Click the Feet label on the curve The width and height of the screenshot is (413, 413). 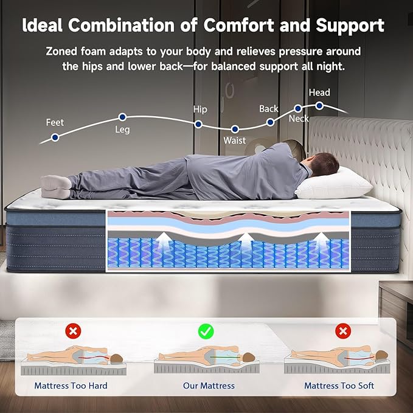click(55, 123)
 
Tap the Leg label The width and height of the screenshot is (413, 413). click(122, 130)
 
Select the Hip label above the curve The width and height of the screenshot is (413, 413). click(200, 109)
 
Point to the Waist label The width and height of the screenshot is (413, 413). click(235, 141)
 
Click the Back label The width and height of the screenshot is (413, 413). click(268, 109)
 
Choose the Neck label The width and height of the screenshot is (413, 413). click(299, 119)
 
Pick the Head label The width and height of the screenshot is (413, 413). click(319, 92)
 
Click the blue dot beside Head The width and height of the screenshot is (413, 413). click(319, 105)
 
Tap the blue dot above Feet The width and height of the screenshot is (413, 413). click(55, 137)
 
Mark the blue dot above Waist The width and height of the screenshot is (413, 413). click(235, 129)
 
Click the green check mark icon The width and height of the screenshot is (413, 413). click(206, 331)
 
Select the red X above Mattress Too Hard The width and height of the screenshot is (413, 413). click(73, 331)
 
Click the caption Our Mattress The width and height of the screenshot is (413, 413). click(209, 386)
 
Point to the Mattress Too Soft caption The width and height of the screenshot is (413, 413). click(339, 386)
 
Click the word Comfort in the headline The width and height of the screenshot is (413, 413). click(235, 26)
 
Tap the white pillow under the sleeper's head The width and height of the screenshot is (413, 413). click(331, 184)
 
